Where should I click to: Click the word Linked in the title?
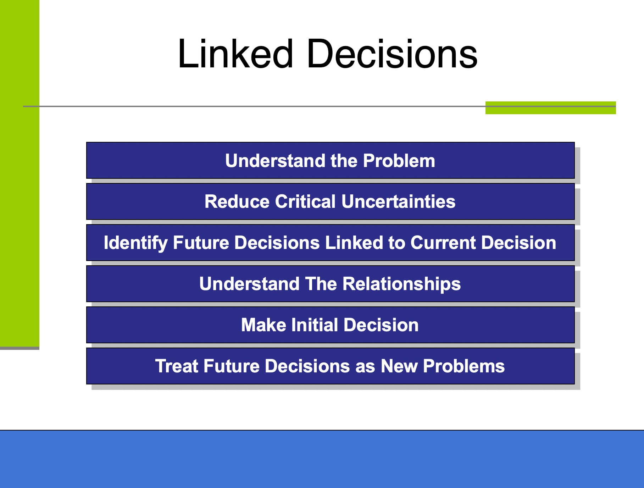tap(235, 54)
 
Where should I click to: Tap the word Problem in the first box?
tap(399, 161)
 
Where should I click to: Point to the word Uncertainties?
tap(398, 201)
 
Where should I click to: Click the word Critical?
tap(305, 201)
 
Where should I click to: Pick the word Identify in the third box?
tap(135, 243)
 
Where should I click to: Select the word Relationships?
tap(401, 284)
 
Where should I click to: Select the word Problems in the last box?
tap(463, 366)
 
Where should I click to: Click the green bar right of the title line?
tap(550, 108)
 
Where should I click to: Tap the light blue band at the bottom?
tap(322, 459)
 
